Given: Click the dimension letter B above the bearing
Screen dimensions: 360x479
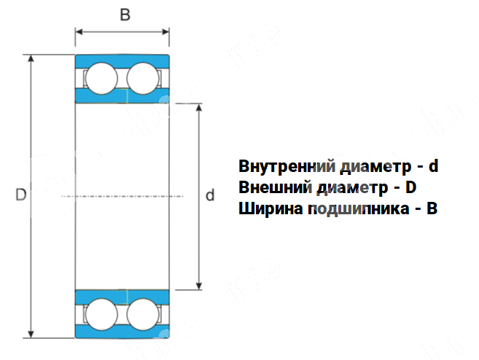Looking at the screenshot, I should (x=125, y=15).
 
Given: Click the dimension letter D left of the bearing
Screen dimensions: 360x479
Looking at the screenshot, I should (x=20, y=195).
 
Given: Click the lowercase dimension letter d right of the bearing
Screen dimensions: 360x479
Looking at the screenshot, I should (x=210, y=195).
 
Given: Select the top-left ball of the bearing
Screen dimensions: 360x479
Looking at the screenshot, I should (x=101, y=79).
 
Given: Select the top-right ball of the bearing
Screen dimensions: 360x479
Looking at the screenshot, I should (x=143, y=79).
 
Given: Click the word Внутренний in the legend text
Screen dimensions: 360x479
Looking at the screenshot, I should (x=280, y=166).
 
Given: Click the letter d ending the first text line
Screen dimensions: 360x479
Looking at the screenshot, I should (x=433, y=166).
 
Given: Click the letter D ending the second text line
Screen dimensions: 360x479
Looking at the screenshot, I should (x=410, y=188).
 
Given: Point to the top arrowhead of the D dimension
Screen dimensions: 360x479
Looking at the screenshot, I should (x=31, y=59).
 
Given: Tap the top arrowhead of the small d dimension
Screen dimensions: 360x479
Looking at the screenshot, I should (x=199, y=108).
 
